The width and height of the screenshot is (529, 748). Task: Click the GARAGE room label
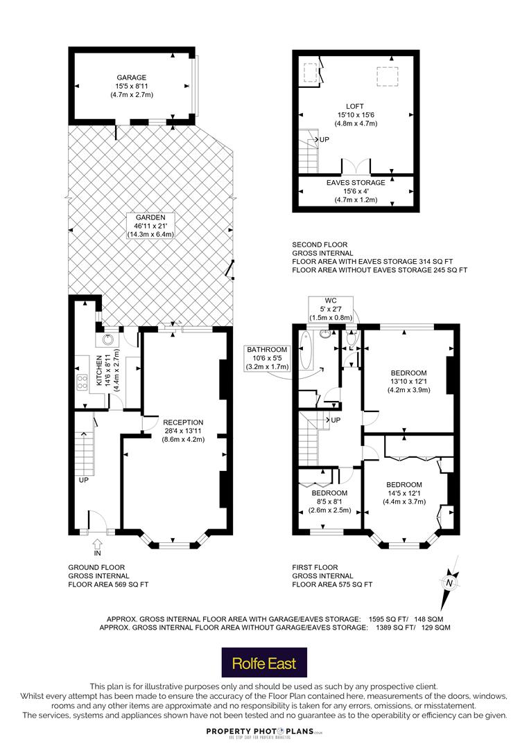pyautogui.click(x=131, y=86)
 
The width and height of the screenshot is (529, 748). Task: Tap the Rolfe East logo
pyautogui.click(x=264, y=662)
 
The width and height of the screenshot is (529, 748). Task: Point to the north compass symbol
pyautogui.click(x=449, y=582)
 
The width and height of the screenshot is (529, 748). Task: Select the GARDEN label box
pyautogui.click(x=150, y=226)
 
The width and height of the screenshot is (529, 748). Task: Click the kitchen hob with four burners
pyautogui.click(x=82, y=382)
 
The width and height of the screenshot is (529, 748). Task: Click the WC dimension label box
pyautogui.click(x=331, y=309)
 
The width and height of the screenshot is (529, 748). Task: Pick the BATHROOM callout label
pyautogui.click(x=267, y=358)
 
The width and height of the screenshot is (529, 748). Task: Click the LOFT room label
pyautogui.click(x=355, y=115)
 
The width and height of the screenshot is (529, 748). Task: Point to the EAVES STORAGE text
pyautogui.click(x=356, y=183)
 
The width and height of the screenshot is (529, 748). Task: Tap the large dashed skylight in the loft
pyautogui.click(x=387, y=76)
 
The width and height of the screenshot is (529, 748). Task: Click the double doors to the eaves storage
pyautogui.click(x=356, y=166)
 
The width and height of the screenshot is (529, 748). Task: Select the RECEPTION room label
pyautogui.click(x=183, y=431)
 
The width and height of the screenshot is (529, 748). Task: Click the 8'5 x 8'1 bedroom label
pyautogui.click(x=329, y=501)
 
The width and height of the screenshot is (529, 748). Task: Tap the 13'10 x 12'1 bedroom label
pyautogui.click(x=408, y=382)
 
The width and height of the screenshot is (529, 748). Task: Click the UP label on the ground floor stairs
pyautogui.click(x=84, y=480)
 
